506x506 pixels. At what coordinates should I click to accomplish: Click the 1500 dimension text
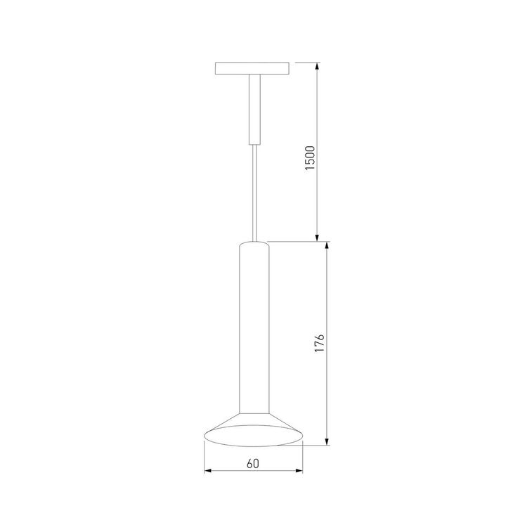coord(309,159)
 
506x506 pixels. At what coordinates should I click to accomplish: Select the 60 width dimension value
coord(253,463)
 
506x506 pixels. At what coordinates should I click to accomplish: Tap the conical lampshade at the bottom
coord(254,430)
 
